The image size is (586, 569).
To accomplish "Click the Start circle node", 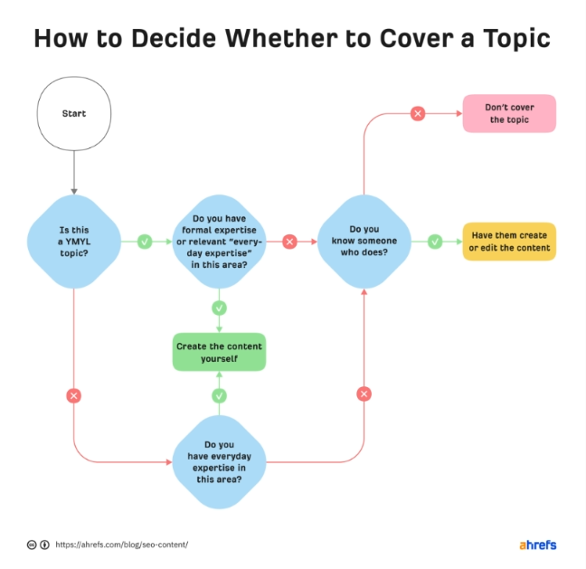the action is point(74,114).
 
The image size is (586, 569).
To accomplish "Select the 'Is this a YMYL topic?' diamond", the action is point(74,242).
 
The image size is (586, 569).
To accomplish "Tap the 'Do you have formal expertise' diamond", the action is point(219,242).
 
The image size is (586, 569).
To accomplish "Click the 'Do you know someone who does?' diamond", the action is point(364,242).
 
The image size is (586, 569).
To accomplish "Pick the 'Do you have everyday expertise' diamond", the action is point(219,462).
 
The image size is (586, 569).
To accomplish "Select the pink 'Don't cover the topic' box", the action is point(509,114).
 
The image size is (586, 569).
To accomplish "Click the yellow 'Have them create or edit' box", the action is point(509,242).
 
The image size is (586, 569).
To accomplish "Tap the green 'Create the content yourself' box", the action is point(219,352).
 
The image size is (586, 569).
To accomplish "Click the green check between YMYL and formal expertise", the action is point(145,242).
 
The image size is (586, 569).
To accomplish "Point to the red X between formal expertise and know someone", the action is point(289,242).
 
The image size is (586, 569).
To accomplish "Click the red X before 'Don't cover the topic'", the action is point(418,113).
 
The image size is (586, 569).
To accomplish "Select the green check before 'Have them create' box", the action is point(435,242).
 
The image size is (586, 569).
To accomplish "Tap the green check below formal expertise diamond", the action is point(219,308).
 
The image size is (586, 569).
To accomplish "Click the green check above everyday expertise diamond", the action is point(219,395).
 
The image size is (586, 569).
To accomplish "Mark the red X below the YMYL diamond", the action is point(73,395).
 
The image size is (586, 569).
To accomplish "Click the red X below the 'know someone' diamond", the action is point(364,394).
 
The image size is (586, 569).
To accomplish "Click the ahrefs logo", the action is point(538,545).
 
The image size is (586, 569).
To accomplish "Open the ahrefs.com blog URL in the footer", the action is point(122,545).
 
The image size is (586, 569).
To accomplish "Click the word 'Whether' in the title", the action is point(281,38).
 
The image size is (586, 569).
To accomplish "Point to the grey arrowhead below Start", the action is point(74,192).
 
